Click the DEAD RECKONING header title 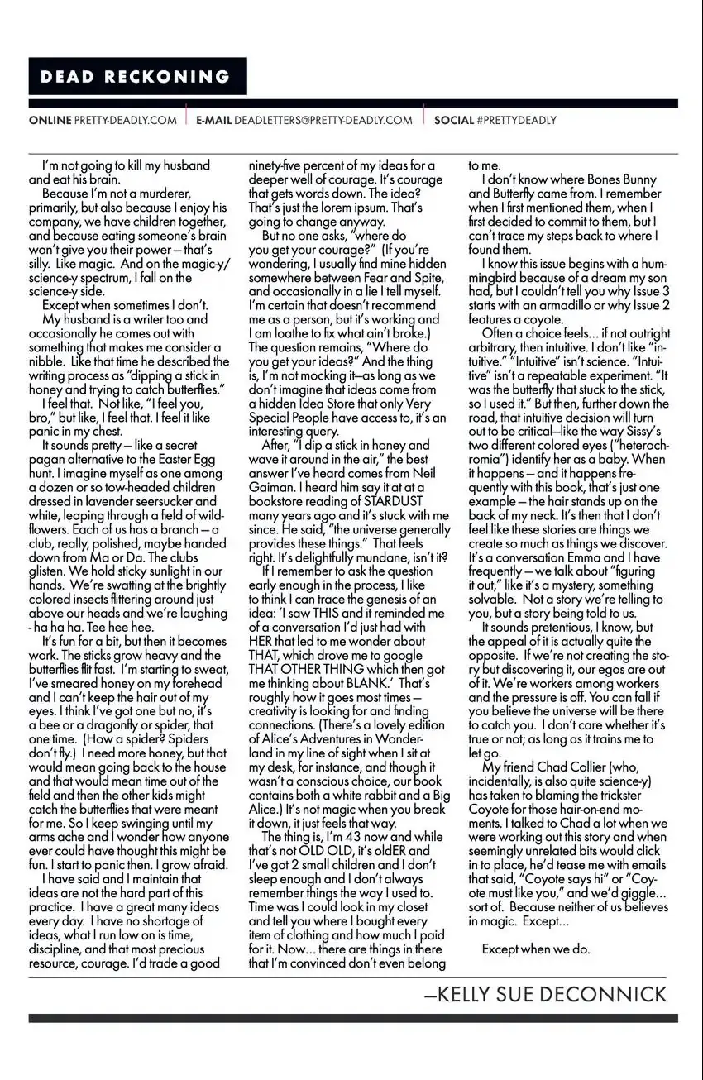[x=136, y=77]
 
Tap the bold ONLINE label [x=50, y=120]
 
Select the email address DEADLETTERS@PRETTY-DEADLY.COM [x=323, y=120]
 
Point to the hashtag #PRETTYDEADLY [x=517, y=120]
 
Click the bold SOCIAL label [x=454, y=120]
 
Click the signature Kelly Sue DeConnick [x=545, y=995]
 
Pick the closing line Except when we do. [x=536, y=949]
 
